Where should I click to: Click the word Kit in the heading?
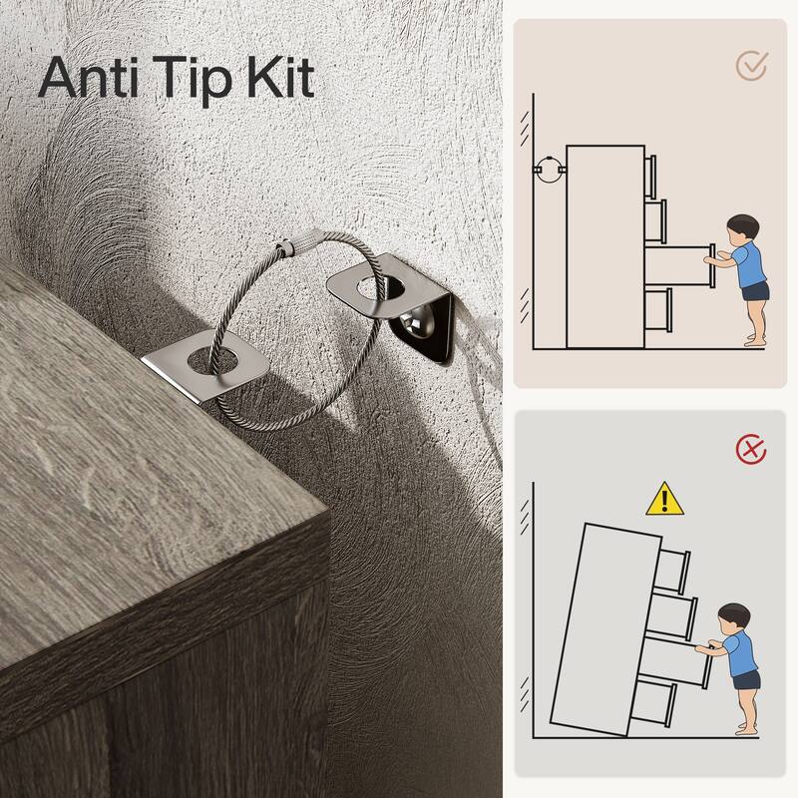tap(280, 78)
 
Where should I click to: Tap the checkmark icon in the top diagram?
tap(752, 66)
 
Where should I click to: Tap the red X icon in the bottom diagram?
tap(751, 450)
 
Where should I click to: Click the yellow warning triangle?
tap(664, 500)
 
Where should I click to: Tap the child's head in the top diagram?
tap(742, 228)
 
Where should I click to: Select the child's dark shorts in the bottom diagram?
tap(745, 681)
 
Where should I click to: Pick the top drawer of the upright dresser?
tap(650, 177)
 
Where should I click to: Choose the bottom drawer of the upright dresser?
tap(658, 310)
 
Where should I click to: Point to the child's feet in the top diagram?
tap(754, 341)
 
